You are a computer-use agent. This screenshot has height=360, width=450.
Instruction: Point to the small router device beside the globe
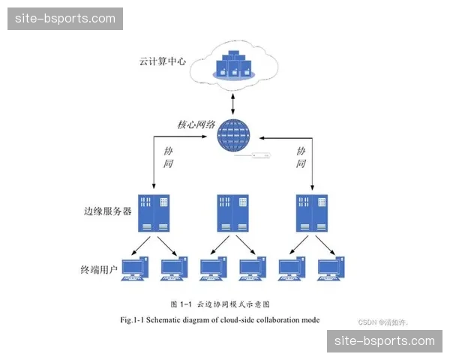(x=260, y=156)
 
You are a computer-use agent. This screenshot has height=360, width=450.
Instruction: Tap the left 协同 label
(x=168, y=157)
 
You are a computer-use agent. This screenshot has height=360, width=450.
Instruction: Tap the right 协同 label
(x=301, y=157)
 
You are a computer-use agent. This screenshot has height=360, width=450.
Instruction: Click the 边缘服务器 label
(x=107, y=211)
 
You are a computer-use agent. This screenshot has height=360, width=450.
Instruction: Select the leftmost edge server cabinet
(x=154, y=212)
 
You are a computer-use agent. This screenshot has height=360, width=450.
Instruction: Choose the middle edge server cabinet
(x=232, y=212)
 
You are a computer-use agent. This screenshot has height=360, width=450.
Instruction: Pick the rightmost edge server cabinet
(x=312, y=212)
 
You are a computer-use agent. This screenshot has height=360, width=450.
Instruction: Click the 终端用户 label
(x=99, y=269)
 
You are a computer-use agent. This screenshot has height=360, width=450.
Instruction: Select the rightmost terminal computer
(x=331, y=268)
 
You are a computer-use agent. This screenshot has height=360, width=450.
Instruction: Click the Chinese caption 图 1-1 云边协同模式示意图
(x=220, y=304)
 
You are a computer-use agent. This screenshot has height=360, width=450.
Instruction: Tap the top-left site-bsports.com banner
(x=66, y=19)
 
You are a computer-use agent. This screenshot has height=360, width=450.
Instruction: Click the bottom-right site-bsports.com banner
(x=385, y=341)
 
